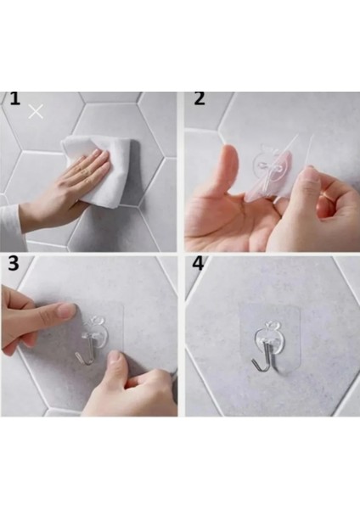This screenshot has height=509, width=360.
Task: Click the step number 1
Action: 14,98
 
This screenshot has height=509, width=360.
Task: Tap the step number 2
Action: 200,98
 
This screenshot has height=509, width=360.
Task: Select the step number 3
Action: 14,264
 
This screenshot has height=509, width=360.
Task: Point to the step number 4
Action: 198,263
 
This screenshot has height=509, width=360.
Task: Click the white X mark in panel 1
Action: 36,112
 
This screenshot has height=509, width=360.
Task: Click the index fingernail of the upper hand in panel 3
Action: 67,311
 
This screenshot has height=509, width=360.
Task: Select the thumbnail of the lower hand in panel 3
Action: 115,358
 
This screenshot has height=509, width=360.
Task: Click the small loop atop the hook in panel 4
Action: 270,325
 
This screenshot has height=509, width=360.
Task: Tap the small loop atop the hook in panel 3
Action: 97,320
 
